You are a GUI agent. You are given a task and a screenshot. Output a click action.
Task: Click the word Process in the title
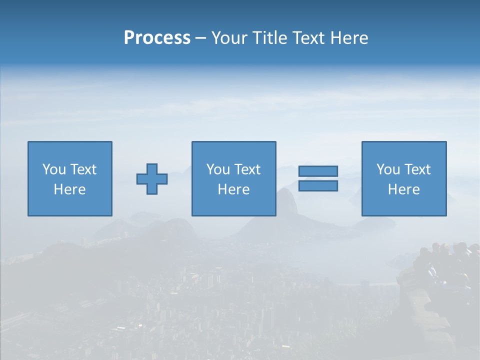click(x=157, y=38)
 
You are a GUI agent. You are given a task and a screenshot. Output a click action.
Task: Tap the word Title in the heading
click(x=268, y=38)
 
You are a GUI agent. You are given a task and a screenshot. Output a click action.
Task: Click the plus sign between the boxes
click(x=152, y=179)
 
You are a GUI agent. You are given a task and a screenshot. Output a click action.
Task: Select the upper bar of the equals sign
click(x=318, y=171)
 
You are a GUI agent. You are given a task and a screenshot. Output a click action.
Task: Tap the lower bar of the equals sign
click(x=318, y=186)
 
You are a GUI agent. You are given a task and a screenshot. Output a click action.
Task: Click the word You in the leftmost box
click(x=54, y=169)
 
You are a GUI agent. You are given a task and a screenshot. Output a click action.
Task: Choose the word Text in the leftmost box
click(x=82, y=169)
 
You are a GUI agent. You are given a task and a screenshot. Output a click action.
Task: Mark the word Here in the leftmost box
click(x=69, y=189)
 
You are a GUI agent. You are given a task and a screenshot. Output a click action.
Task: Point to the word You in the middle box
click(x=218, y=169)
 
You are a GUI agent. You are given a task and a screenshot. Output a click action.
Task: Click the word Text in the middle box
click(x=246, y=169)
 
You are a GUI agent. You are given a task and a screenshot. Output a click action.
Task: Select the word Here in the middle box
click(x=233, y=189)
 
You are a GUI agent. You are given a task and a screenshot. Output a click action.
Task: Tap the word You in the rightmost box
click(x=388, y=169)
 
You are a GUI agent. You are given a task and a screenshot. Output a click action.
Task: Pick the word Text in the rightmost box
click(x=416, y=169)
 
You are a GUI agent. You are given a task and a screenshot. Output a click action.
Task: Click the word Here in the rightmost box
click(x=403, y=189)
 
